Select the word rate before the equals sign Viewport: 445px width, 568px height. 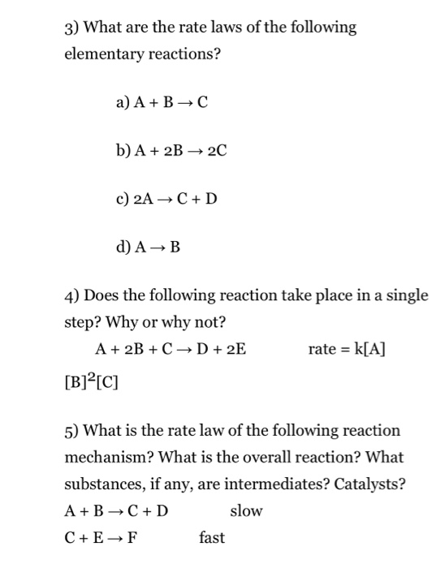[x=322, y=350]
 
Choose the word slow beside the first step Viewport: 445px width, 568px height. [x=246, y=511]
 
